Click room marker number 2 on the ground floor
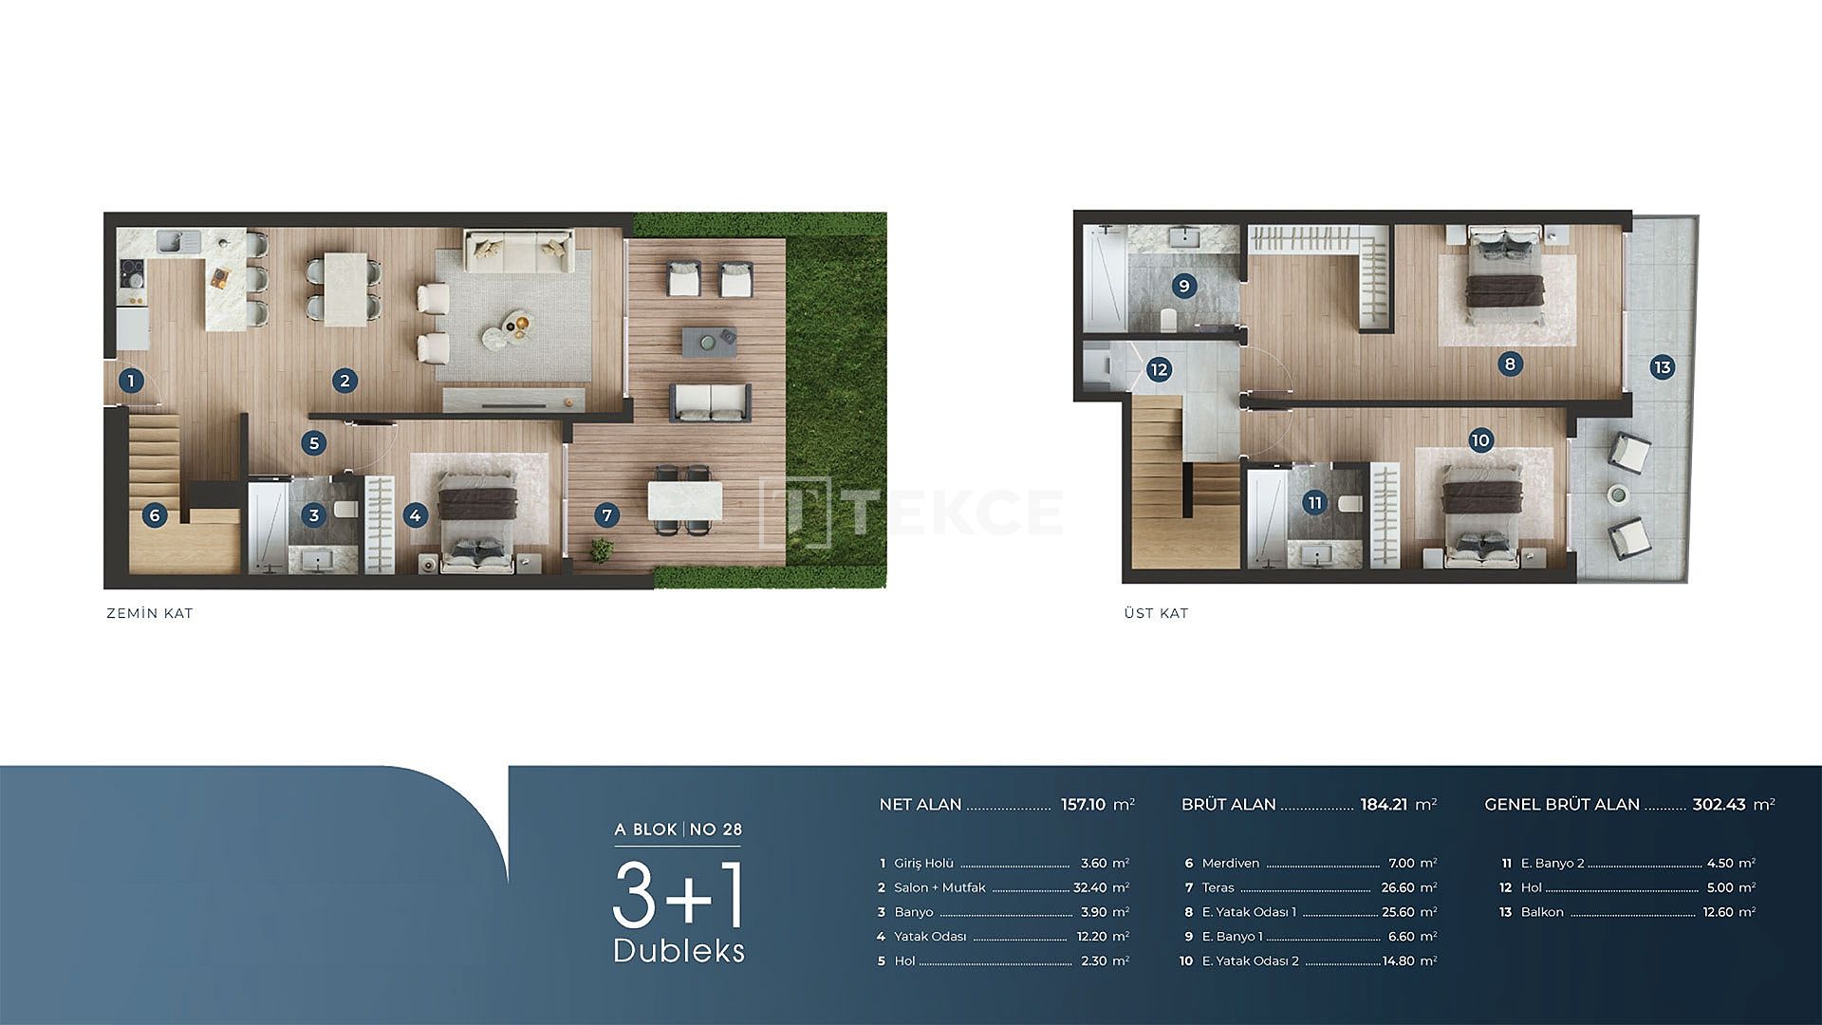pos(344,381)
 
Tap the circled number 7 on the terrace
pos(607,515)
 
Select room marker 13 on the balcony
pos(1662,367)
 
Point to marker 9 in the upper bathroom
pos(1183,286)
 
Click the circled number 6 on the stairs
pos(155,515)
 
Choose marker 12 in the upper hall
pos(1159,369)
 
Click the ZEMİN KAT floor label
pos(150,613)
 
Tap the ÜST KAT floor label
pos(1156,613)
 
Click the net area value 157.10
pos(1083,804)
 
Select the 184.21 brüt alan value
pos(1384,804)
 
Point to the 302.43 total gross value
pos(1720,804)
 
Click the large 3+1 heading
pos(679,895)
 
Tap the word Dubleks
pos(679,950)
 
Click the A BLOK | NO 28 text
pos(679,829)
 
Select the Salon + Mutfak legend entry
pos(939,887)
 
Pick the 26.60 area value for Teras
pos(1398,887)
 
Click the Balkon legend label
pos(1542,912)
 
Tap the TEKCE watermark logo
pos(912,512)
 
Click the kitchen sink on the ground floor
pos(177,243)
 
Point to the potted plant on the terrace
pos(601,550)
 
